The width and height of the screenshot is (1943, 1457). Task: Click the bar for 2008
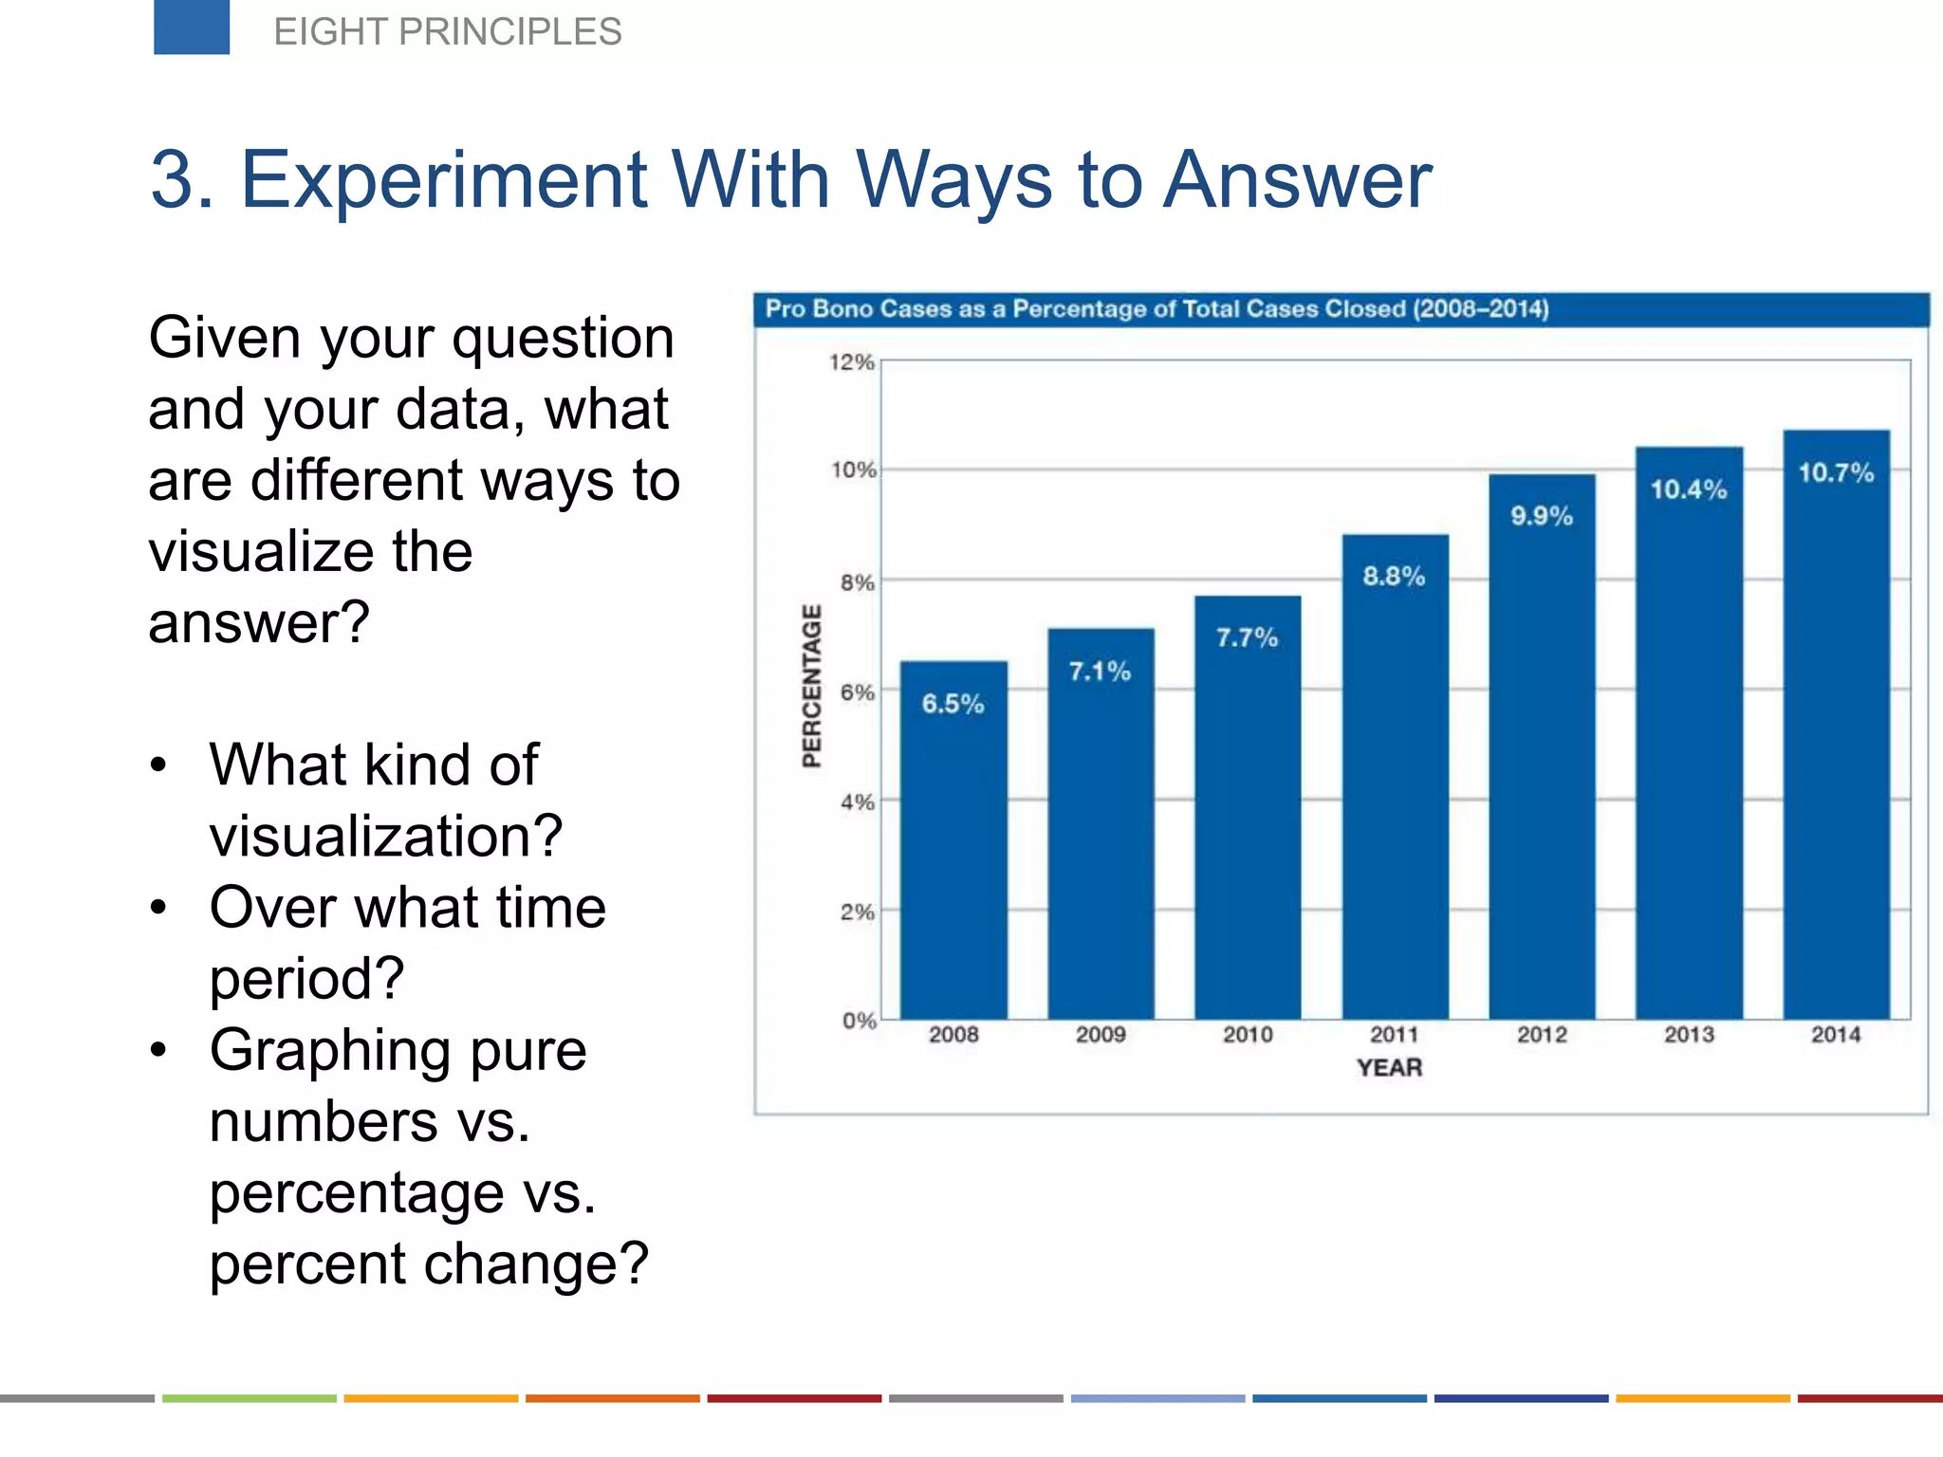[953, 854]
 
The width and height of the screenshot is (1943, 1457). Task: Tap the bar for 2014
[1836, 740]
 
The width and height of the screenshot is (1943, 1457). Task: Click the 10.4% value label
[1689, 489]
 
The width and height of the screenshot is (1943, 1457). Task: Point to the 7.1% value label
[1101, 672]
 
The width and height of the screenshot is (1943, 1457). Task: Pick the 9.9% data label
[1542, 516]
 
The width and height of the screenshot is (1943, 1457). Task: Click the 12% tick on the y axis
[851, 362]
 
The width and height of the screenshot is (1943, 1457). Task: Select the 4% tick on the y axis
[857, 802]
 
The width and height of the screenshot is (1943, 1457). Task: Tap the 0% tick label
[859, 1022]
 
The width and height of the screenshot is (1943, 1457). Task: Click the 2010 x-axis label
[1248, 1035]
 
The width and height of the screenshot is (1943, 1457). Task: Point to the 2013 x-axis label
[1689, 1035]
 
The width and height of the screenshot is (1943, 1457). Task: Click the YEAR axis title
[1389, 1068]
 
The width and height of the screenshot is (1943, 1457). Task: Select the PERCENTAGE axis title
[811, 686]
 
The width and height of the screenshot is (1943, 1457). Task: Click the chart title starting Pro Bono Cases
[1157, 309]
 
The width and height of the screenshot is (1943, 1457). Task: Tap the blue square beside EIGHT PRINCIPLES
[192, 28]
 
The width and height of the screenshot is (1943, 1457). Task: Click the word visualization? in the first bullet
[386, 836]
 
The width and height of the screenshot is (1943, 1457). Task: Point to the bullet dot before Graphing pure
[158, 1050]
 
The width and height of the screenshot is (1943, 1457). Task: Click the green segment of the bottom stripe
[249, 1398]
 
